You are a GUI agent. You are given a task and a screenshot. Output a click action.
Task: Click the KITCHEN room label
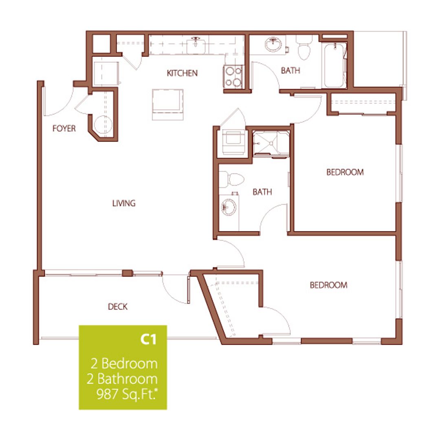pyautogui.click(x=182, y=73)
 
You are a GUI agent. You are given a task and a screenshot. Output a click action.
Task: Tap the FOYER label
pyautogui.click(x=64, y=129)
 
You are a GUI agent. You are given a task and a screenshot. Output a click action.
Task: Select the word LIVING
pyautogui.click(x=124, y=203)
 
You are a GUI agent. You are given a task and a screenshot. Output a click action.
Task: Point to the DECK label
pyautogui.click(x=117, y=307)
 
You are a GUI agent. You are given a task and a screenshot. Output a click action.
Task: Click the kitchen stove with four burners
pyautogui.click(x=233, y=77)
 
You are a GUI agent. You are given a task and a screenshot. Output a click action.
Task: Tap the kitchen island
pyautogui.click(x=167, y=104)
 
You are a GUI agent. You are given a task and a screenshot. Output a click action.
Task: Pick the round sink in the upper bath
pyautogui.click(x=274, y=44)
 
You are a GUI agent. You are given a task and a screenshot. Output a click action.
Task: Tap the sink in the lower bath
pyautogui.click(x=228, y=207)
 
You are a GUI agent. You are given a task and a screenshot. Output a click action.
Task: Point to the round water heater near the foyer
pyautogui.click(x=100, y=124)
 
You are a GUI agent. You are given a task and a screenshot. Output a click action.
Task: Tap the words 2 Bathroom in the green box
pyautogui.click(x=122, y=379)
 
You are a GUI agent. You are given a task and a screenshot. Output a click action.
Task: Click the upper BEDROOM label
pyautogui.click(x=345, y=172)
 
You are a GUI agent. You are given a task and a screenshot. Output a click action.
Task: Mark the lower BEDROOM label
pyautogui.click(x=328, y=285)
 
